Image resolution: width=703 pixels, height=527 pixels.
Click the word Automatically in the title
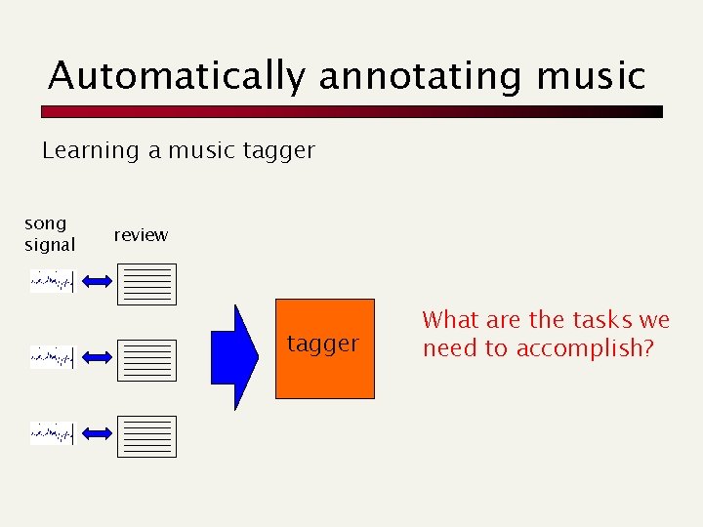[x=176, y=75]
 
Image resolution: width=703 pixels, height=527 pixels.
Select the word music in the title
[x=597, y=75]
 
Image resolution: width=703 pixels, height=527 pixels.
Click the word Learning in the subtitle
[x=91, y=150]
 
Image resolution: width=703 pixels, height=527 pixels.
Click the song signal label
[x=50, y=234]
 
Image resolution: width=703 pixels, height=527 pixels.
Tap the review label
[x=141, y=235]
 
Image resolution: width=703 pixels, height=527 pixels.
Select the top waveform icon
[x=52, y=282]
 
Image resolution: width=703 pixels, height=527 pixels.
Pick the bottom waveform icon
[x=52, y=433]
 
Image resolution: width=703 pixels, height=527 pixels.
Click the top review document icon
[x=146, y=284]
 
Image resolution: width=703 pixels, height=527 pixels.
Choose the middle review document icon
[x=146, y=360]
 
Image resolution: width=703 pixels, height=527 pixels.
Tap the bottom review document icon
[x=146, y=436]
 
